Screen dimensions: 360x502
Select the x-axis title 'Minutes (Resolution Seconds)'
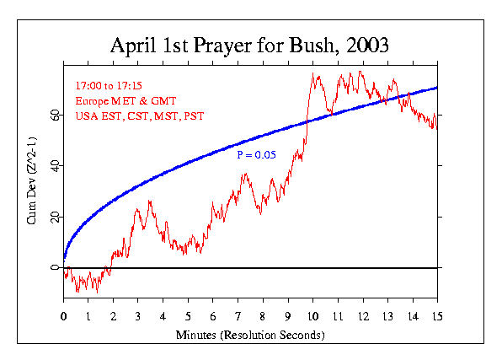pyautogui.click(x=250, y=334)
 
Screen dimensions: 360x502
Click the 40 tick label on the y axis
pyautogui.click(x=52, y=165)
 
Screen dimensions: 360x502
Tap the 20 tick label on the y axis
pyautogui.click(x=52, y=217)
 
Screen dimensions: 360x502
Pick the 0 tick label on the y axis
pyautogui.click(x=56, y=268)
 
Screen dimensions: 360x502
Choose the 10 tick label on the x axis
pyautogui.click(x=312, y=317)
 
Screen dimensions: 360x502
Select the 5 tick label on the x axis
pyautogui.click(x=188, y=317)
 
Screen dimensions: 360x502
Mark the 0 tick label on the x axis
pyautogui.click(x=64, y=317)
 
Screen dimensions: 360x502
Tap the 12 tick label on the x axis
pyautogui.click(x=362, y=317)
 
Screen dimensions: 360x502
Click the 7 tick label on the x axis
pyautogui.click(x=238, y=317)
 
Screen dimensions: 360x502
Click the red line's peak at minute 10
pyautogui.click(x=313, y=74)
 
